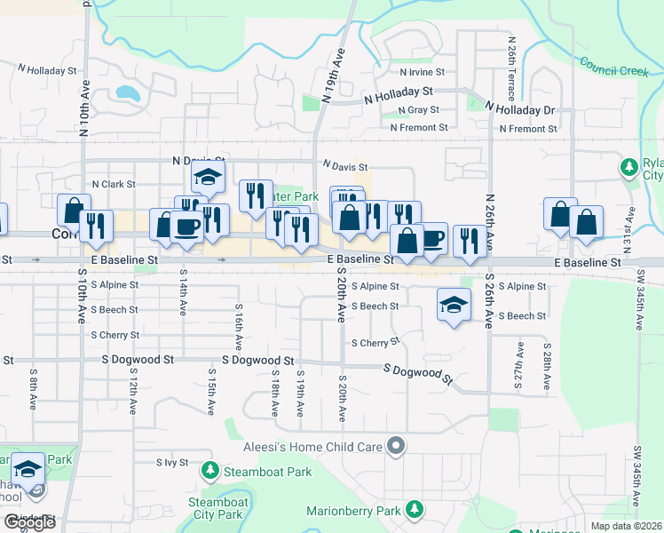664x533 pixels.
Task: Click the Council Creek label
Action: tap(613, 67)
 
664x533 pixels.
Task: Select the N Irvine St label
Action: tap(422, 72)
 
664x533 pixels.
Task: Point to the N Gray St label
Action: tap(419, 110)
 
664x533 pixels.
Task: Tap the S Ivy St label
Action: tap(173, 463)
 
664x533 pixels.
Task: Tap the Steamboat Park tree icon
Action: tap(210, 470)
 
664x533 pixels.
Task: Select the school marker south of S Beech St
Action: tap(454, 306)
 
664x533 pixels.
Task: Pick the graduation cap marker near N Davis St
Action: tap(208, 177)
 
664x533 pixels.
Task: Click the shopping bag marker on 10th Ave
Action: tap(74, 211)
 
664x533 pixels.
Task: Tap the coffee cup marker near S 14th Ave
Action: tap(187, 226)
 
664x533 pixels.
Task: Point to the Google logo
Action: tap(28, 522)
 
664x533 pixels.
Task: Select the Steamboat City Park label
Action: tap(217, 508)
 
